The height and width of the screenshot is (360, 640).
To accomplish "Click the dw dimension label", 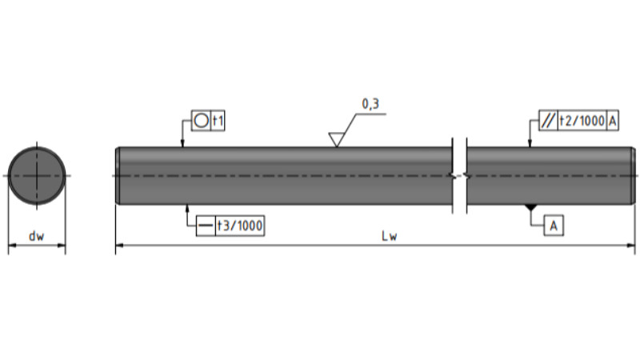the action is [36, 236].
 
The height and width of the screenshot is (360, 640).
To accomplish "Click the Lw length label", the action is [389, 236].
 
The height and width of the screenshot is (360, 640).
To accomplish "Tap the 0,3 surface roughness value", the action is [370, 104].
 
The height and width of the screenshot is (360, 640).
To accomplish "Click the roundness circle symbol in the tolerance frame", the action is [201, 121].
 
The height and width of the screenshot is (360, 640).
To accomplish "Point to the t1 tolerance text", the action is [218, 121].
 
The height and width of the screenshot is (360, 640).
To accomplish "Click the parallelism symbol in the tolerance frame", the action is [548, 121].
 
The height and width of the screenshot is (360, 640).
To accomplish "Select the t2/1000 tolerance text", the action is [582, 121].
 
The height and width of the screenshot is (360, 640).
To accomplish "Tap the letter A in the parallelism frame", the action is [613, 121].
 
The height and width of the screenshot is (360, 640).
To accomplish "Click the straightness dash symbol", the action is [206, 226].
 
